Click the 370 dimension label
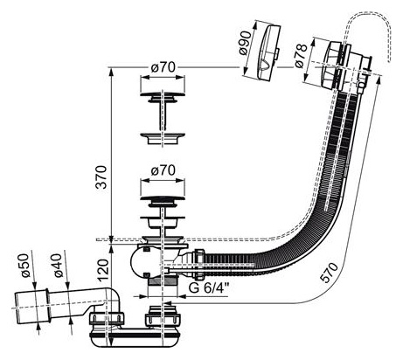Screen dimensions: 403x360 (101, 177)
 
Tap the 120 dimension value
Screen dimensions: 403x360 (102, 270)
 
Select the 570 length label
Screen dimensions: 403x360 (329, 272)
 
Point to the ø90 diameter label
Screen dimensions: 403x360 (245, 43)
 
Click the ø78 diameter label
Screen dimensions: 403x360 (302, 56)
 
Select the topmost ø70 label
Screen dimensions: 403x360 (163, 67)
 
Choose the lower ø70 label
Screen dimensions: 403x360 (163, 170)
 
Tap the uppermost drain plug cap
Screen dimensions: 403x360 (163, 98)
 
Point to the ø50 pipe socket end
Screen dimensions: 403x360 (31, 307)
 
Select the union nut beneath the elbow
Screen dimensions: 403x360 (107, 319)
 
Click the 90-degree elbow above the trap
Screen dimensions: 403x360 (113, 299)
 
